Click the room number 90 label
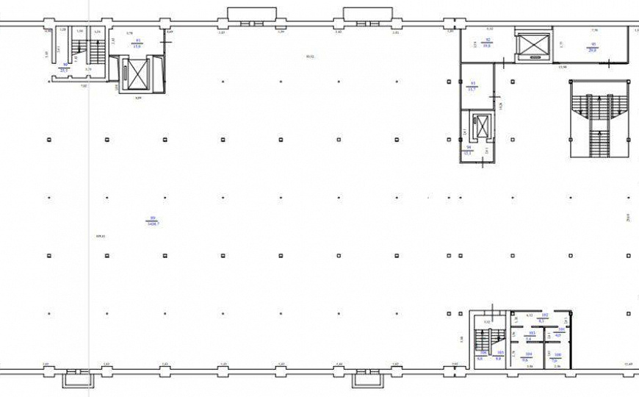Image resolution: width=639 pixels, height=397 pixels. click(x=65, y=65)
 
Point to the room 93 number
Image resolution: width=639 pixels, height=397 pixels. click(x=473, y=83)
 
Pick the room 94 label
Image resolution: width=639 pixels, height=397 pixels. click(x=467, y=148)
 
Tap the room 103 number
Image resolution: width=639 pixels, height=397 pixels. click(x=530, y=333)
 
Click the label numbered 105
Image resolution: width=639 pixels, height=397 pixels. click(x=499, y=353)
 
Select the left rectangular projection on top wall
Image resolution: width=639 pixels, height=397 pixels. click(x=251, y=14)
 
